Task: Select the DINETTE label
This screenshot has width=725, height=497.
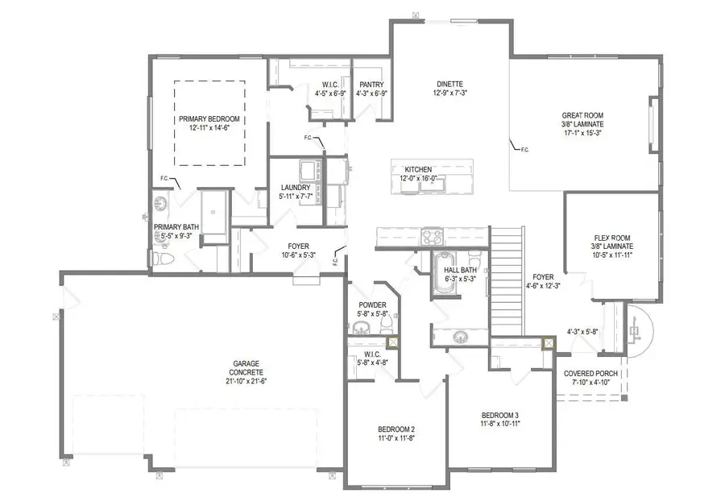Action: click(x=450, y=84)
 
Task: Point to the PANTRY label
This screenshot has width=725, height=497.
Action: click(x=371, y=84)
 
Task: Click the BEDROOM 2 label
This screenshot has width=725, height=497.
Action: click(x=396, y=429)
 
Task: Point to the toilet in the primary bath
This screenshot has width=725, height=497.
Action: click(x=164, y=259)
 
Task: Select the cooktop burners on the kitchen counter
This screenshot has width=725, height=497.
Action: click(x=431, y=235)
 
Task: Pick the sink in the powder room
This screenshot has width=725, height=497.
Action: click(x=361, y=326)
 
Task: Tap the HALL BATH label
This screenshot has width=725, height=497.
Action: click(x=461, y=271)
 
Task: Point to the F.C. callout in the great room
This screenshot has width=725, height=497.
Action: click(x=524, y=150)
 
